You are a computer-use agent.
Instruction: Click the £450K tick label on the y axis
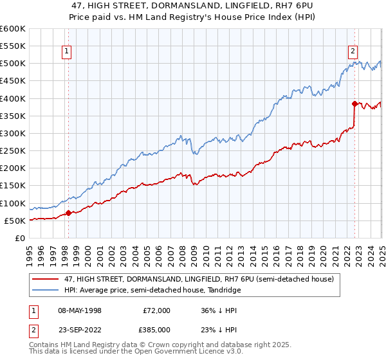point(13,81)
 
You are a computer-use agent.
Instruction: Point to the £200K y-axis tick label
point(13,168)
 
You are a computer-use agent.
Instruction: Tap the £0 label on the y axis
point(19,238)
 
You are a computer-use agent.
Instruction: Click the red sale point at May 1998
point(69,213)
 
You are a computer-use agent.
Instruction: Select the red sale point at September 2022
point(354,104)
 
